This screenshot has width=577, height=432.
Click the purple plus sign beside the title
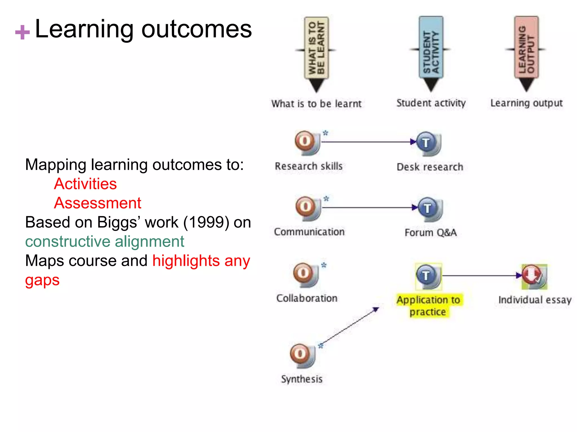pos(22,32)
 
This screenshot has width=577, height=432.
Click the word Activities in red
pos(85,184)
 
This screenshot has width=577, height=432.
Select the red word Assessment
pos(97,203)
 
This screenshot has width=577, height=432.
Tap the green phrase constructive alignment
pos(105,242)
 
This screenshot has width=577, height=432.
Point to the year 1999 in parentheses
pos(206,222)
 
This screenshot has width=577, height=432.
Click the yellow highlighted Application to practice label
pos(428,306)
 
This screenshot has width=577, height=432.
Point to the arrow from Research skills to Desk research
pos(366,142)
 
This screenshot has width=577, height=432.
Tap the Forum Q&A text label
pos(430,233)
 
